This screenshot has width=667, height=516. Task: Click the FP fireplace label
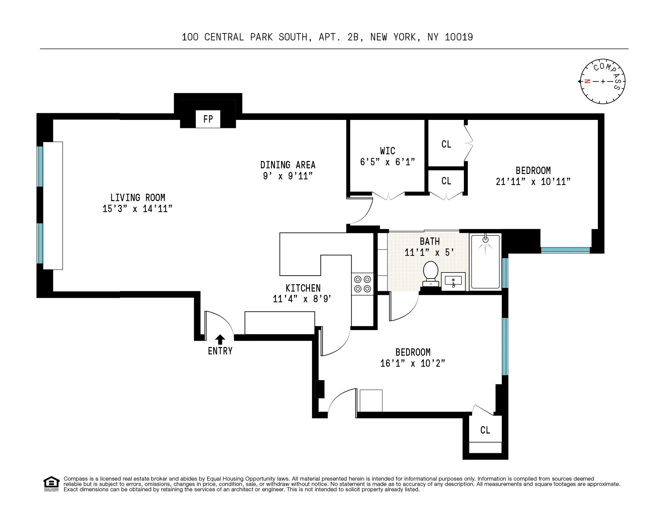pos(208,119)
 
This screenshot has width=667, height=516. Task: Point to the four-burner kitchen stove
pos(362,284)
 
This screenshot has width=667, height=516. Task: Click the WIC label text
pos(388,151)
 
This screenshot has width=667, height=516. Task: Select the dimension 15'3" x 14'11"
pos(137,209)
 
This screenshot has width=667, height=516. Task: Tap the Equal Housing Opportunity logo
pos(51,484)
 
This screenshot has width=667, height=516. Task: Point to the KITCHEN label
pos(303,288)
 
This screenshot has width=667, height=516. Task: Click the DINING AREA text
pos(288,165)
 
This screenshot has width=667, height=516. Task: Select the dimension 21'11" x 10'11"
pos(533,182)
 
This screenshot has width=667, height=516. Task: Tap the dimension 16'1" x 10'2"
pos(413,363)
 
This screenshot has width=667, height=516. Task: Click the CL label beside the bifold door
pos(446,144)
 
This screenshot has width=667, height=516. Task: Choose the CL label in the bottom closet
pos(485,430)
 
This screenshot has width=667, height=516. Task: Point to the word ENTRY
pos(220,351)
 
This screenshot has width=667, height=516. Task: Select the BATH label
pos(430,241)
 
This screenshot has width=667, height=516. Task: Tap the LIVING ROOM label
pos(138,198)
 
